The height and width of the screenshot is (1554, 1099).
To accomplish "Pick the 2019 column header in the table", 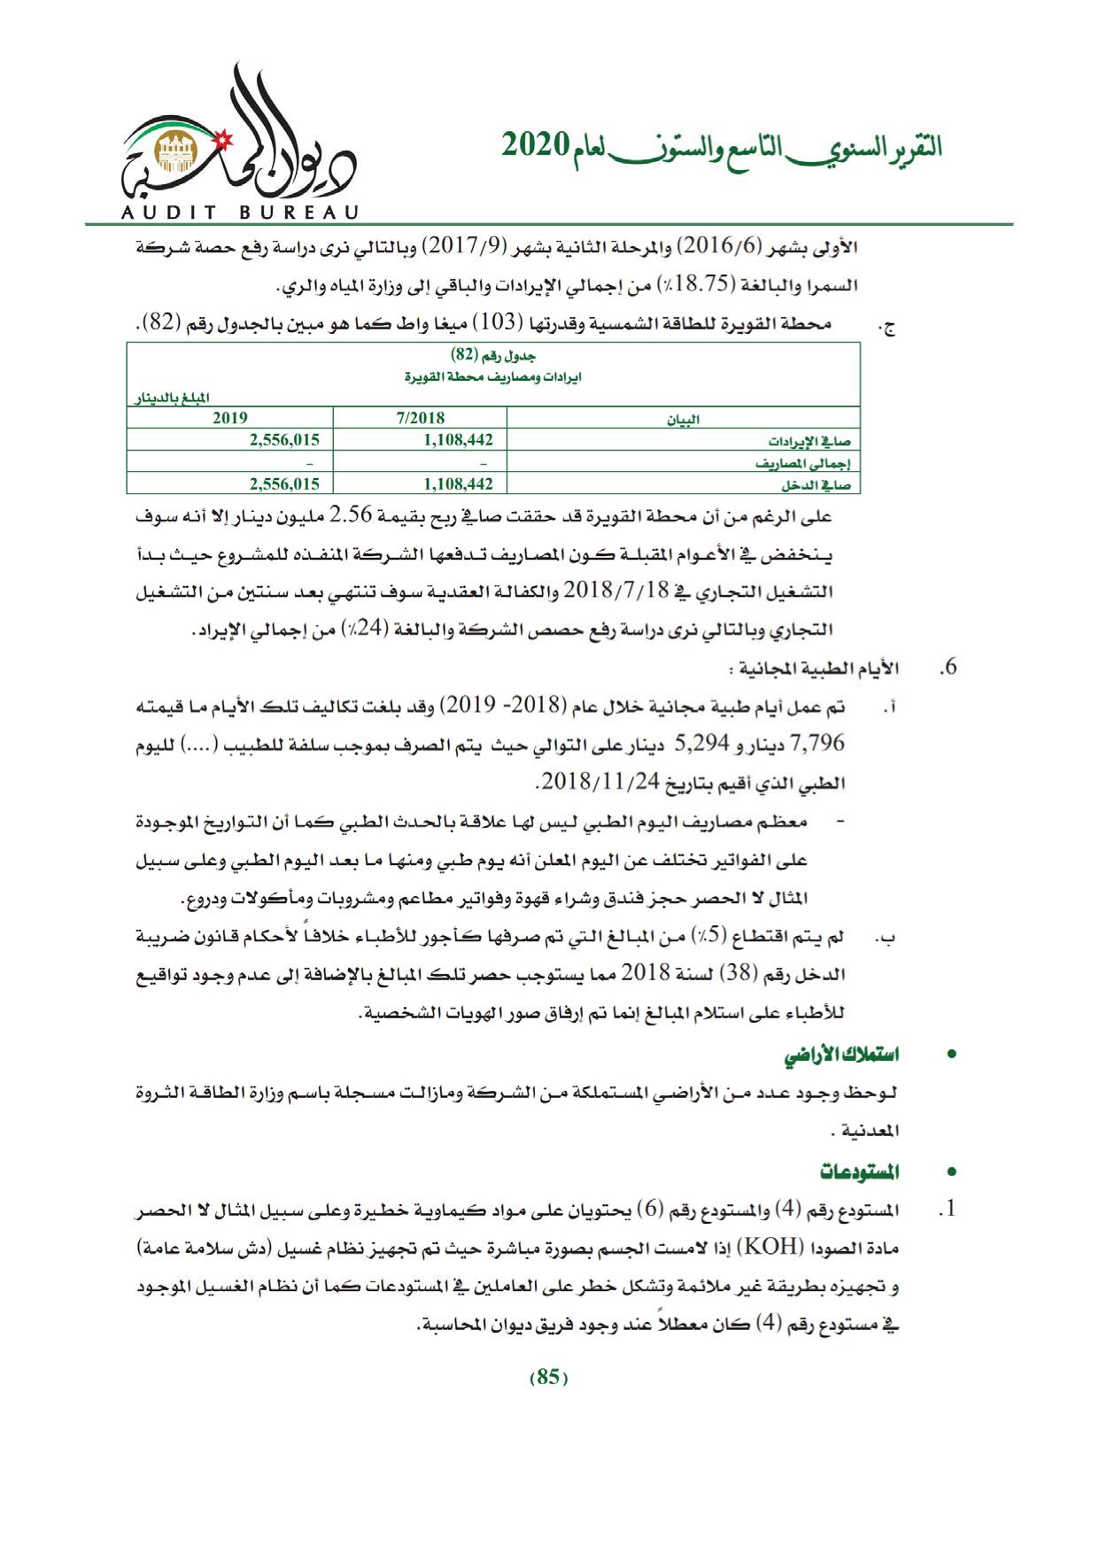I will point(230,418).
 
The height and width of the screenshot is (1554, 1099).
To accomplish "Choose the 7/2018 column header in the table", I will point(421,418).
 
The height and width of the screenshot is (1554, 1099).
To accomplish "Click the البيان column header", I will point(683,420).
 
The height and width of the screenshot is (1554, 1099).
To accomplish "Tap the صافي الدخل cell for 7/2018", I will point(458,483).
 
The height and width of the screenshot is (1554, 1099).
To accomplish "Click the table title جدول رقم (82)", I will point(493,355).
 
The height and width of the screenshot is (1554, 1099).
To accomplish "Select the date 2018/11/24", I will point(585,783).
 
